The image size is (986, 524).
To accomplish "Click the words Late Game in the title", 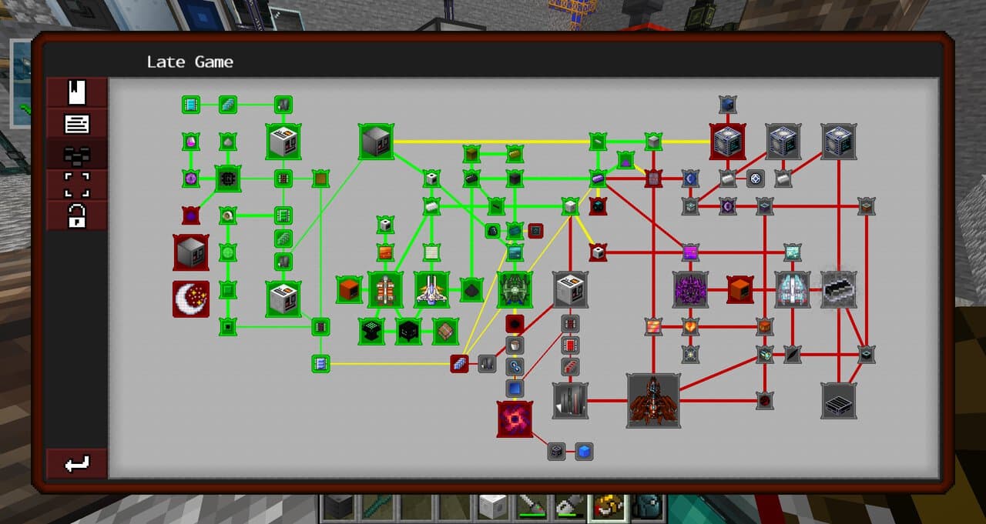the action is [189, 62].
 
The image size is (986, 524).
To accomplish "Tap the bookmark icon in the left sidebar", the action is [76, 92].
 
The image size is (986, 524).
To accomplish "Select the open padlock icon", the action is [76, 215].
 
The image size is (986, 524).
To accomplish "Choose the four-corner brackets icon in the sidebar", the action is [77, 185].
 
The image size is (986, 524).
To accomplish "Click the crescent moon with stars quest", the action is [191, 299].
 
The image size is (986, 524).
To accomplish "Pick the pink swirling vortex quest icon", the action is [515, 419].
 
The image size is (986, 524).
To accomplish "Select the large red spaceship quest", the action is [653, 400].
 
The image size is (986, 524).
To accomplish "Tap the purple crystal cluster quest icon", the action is [690, 289].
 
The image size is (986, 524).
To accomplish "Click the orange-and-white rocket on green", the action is [385, 289].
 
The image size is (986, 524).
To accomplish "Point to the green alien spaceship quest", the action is [515, 289].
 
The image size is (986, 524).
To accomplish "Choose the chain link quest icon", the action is [515, 366].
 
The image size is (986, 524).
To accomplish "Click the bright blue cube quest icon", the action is [584, 452].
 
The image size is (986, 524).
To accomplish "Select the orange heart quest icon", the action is [690, 326].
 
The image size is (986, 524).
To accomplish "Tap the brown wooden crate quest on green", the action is [445, 331].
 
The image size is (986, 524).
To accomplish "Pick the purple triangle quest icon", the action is [625, 161].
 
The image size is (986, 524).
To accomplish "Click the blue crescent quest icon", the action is [690, 179].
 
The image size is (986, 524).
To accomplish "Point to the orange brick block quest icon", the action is [385, 253].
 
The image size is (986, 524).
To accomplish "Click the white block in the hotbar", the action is [492, 508].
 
